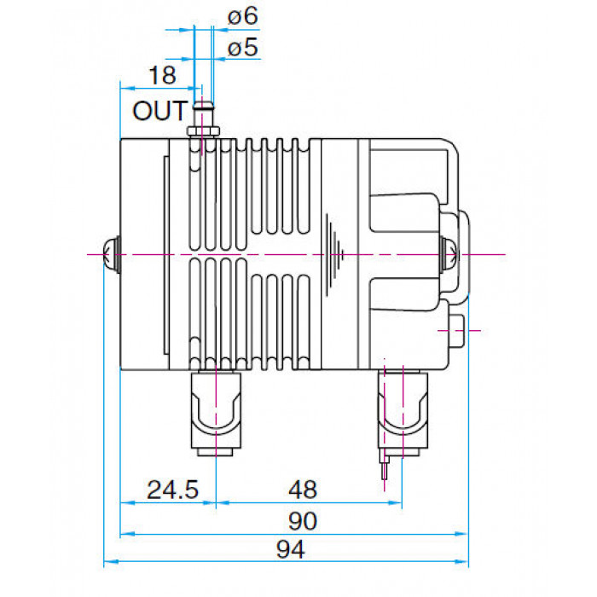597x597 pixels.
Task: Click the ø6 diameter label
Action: (x=243, y=17)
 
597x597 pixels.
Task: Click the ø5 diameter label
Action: (x=243, y=48)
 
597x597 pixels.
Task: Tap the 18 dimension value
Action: (x=163, y=75)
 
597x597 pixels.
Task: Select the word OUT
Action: (x=160, y=111)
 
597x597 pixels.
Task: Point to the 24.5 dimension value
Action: (x=172, y=490)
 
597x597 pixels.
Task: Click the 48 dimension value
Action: (x=303, y=490)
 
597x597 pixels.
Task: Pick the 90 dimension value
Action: (x=303, y=521)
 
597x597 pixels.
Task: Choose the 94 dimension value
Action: (x=291, y=549)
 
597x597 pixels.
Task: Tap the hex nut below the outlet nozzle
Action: (x=203, y=131)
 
